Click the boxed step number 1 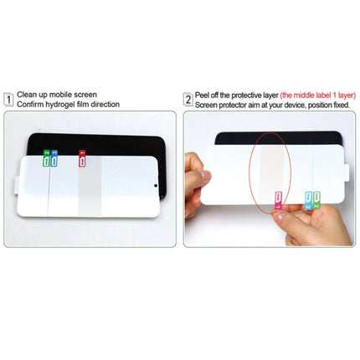(x=8, y=100)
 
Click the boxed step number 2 (x=188, y=100)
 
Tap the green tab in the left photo (x=46, y=156)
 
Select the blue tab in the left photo (x=54, y=156)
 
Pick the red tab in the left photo (x=81, y=156)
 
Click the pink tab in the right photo (x=278, y=198)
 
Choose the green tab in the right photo (x=317, y=200)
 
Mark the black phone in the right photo (x=276, y=140)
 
